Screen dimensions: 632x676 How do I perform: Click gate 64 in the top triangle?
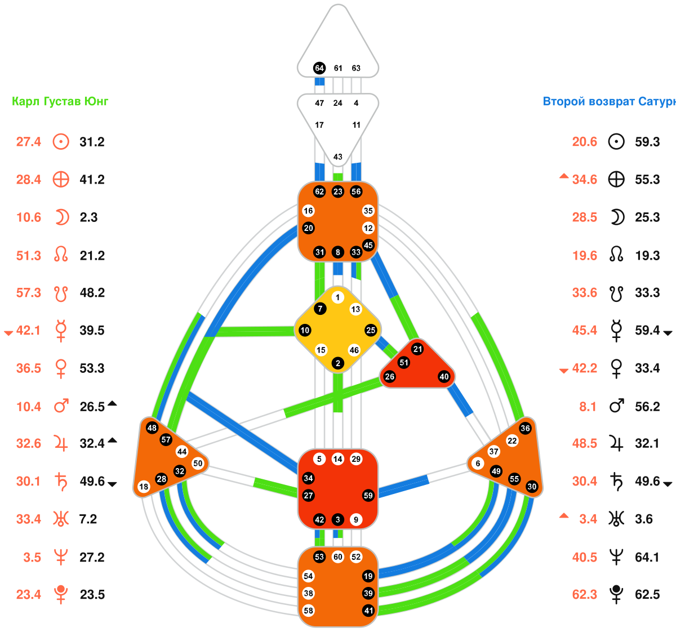click(319, 68)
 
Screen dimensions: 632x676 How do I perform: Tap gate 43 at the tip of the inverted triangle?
click(338, 157)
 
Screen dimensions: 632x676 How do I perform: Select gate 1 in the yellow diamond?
click(337, 297)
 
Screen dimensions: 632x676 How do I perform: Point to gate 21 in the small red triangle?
click(417, 349)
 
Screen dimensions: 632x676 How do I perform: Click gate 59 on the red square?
click(368, 496)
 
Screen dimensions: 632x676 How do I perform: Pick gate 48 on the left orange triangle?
click(152, 428)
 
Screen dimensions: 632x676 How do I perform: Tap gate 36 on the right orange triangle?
click(525, 428)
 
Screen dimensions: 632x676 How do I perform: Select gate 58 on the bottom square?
click(308, 611)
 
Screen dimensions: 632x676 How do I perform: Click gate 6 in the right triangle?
click(478, 464)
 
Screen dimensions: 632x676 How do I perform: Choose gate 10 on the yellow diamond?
click(305, 330)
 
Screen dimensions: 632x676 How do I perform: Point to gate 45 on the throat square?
click(368, 245)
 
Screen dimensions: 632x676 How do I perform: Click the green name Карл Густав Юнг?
click(60, 102)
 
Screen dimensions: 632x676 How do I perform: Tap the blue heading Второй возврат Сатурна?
click(608, 102)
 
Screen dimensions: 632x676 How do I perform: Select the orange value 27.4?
click(29, 142)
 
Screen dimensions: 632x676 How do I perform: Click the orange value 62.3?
click(585, 595)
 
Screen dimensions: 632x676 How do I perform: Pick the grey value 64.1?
click(647, 557)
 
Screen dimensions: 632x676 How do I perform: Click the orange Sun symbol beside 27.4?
click(61, 142)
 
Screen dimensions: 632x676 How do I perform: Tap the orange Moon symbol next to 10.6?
click(61, 217)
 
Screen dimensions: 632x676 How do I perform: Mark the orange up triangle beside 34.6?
click(564, 177)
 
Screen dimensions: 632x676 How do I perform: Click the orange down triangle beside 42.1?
click(8, 333)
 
